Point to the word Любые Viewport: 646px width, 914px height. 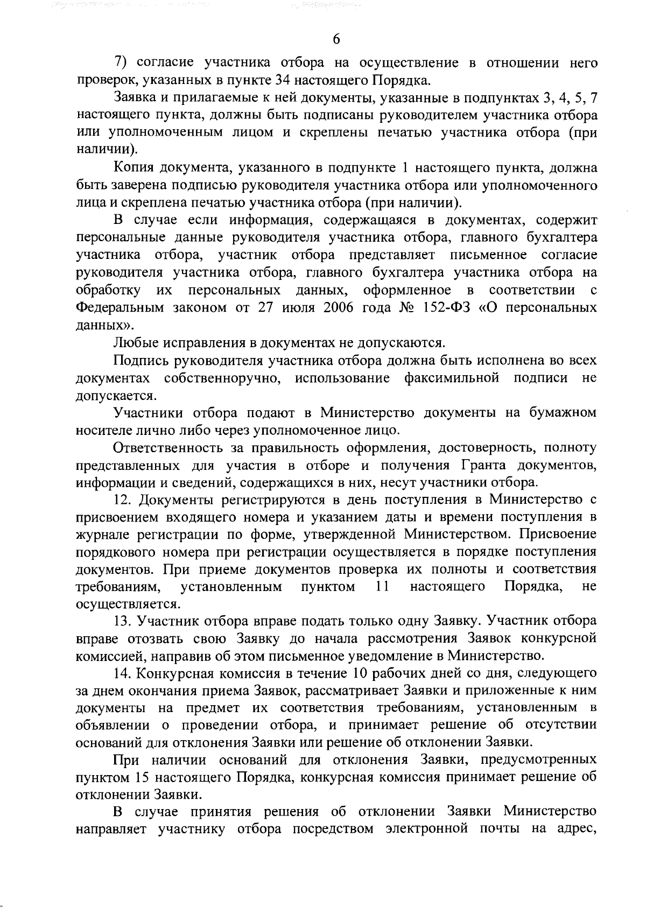click(x=134, y=343)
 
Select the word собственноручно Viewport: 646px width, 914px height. click(x=222, y=378)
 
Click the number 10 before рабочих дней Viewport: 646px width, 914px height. click(x=360, y=673)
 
